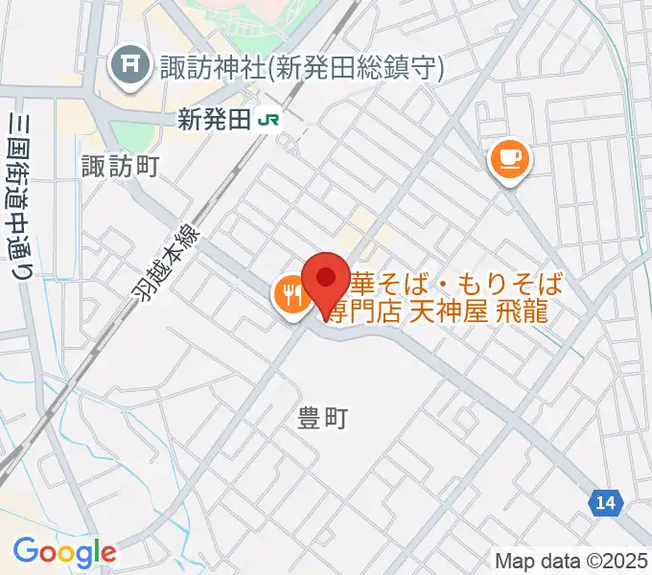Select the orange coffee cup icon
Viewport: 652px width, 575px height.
click(x=509, y=158)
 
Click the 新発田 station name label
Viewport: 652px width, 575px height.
click(x=213, y=120)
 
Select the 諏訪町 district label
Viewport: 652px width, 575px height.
click(x=120, y=167)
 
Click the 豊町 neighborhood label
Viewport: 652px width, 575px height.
click(x=322, y=418)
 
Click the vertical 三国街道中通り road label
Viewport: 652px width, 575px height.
click(x=17, y=196)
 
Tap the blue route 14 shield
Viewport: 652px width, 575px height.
click(x=605, y=502)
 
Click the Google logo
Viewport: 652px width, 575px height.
click(x=63, y=553)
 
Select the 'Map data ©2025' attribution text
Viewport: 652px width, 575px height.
click(x=571, y=560)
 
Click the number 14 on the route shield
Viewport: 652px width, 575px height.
click(x=605, y=502)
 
